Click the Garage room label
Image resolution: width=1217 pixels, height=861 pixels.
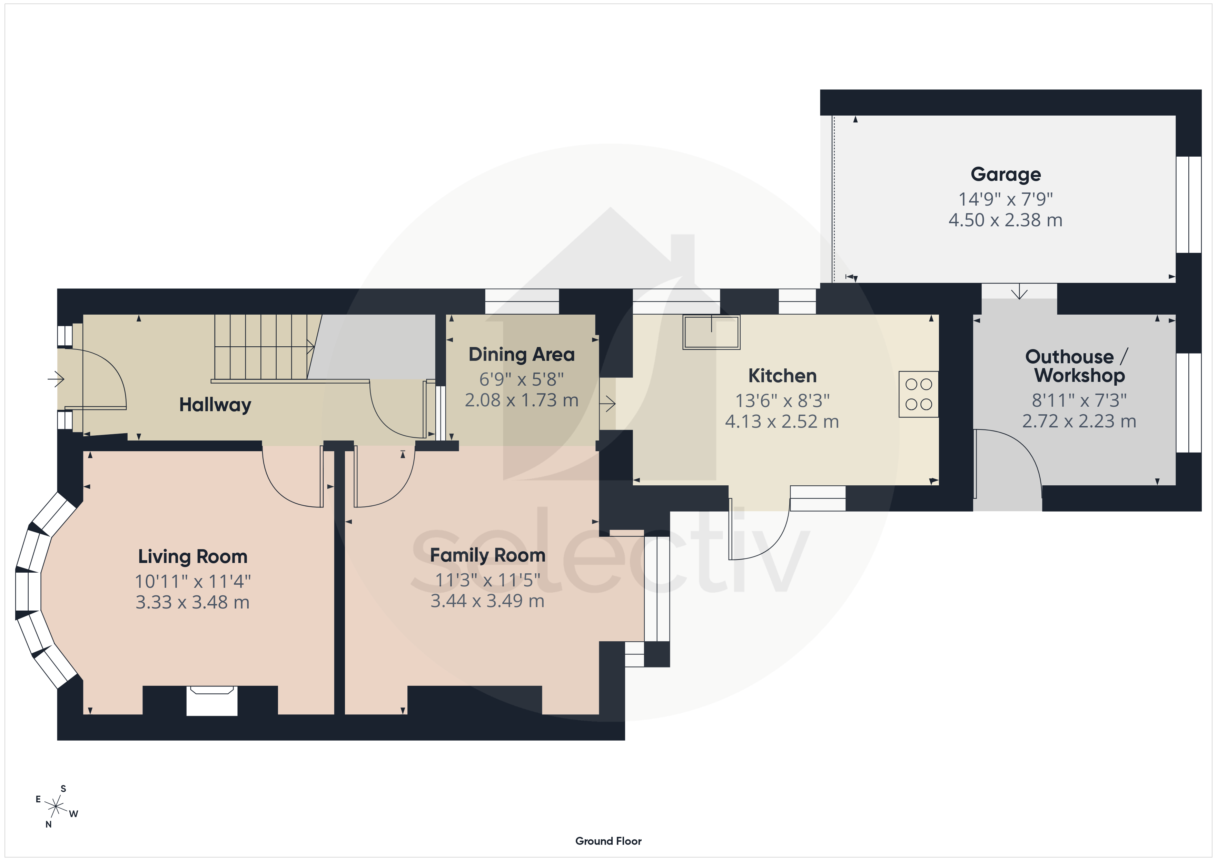tap(1006, 175)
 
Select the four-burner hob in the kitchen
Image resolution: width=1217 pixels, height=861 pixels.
tap(919, 394)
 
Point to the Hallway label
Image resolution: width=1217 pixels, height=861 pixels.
tap(215, 405)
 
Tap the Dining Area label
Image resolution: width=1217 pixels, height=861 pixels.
tap(522, 354)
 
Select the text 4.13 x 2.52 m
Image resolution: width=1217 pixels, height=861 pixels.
tap(782, 422)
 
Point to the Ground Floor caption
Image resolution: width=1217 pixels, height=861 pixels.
tap(608, 841)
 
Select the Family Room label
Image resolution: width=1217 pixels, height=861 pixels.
tap(488, 555)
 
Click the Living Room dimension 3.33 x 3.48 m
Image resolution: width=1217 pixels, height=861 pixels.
tap(192, 602)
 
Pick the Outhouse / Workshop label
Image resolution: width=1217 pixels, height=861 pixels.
tap(1079, 366)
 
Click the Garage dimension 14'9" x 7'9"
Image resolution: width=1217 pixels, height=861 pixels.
tap(1006, 199)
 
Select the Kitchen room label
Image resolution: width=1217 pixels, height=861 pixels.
tap(782, 376)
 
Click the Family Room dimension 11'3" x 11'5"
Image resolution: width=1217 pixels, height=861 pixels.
tap(488, 580)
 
